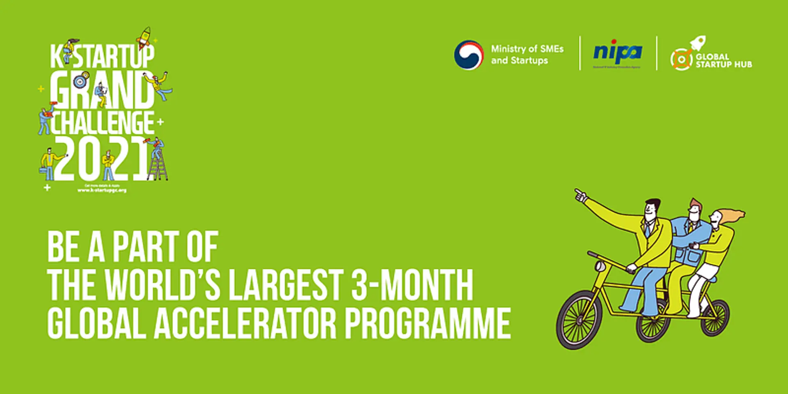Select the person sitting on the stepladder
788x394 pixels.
pos(157,149)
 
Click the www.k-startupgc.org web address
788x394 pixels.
pos(102,190)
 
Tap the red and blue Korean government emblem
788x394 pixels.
pos(469,55)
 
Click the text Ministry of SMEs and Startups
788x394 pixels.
pos(527,55)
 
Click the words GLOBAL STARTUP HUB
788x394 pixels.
pos(724,61)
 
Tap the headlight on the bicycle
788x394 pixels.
pos(600,267)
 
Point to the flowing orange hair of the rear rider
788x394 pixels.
pos(733,216)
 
